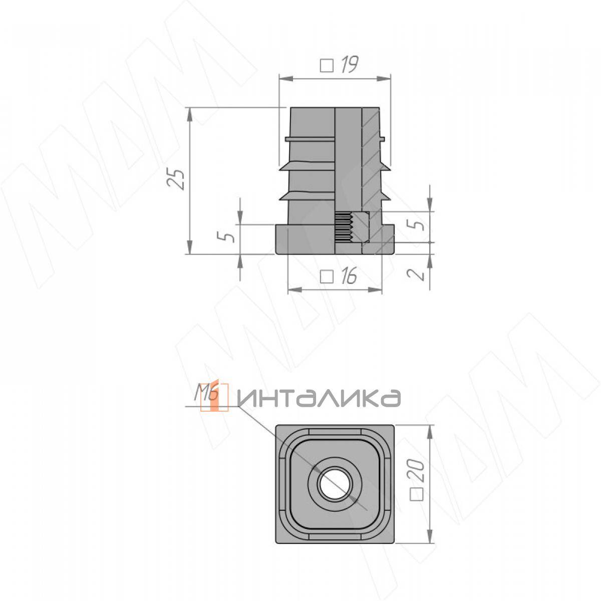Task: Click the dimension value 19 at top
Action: click(349, 65)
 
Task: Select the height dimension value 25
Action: click(176, 179)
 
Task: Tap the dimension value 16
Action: click(349, 276)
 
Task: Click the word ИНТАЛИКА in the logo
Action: click(319, 398)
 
